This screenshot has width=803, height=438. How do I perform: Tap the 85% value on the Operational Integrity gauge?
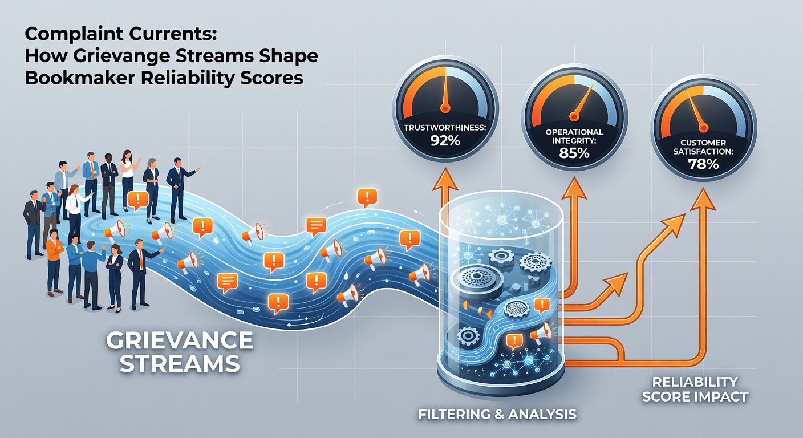pyautogui.click(x=574, y=153)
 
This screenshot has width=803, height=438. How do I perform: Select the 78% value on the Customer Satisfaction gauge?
pyautogui.click(x=703, y=164)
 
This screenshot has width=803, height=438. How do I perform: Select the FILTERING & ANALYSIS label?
pyautogui.click(x=497, y=413)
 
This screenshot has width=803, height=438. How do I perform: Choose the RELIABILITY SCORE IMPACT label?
pyautogui.click(x=695, y=388)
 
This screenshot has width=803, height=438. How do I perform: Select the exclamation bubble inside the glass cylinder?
pyautogui.click(x=514, y=341)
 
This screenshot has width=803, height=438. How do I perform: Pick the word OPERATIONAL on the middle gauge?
pyautogui.click(x=574, y=132)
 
